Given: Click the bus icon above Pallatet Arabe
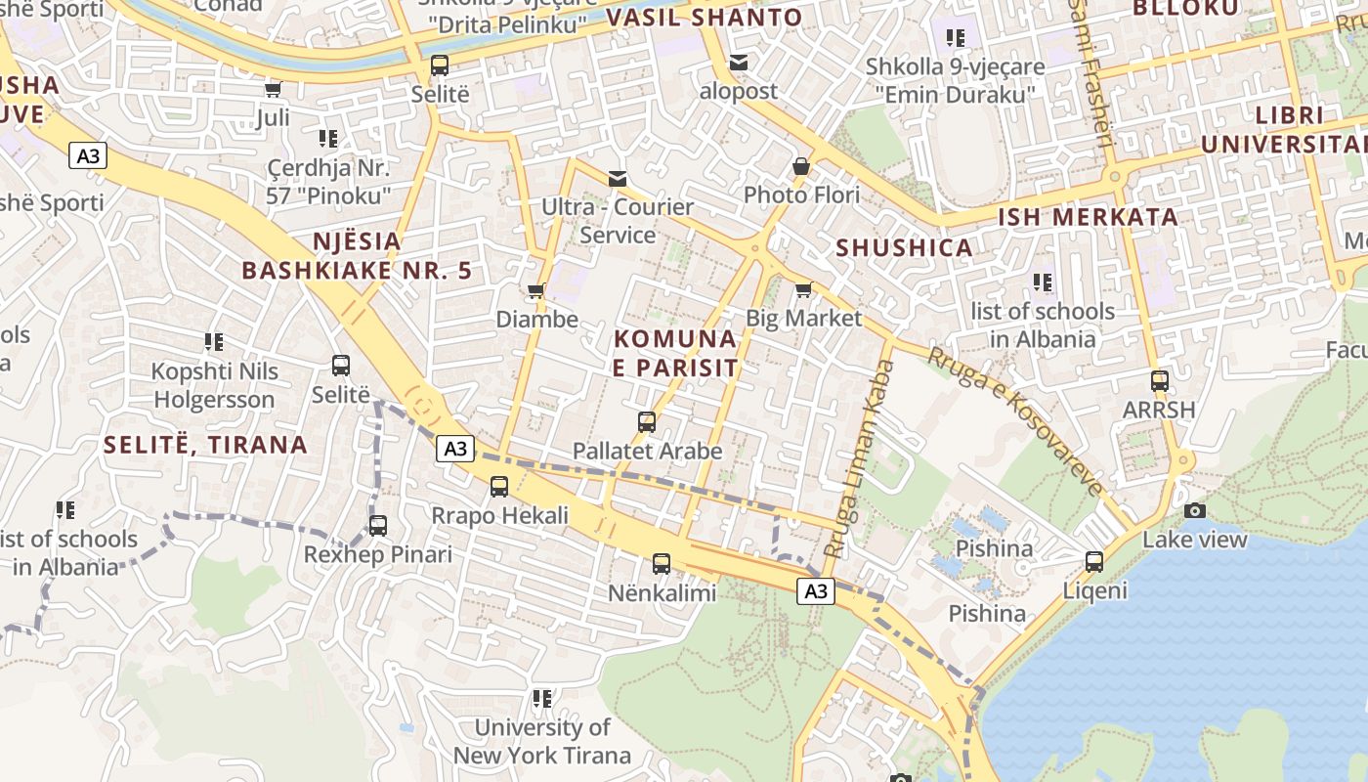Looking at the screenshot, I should pos(647,422).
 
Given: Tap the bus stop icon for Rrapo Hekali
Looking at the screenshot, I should pos(499,486).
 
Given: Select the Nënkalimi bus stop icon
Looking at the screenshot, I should pos(662,563).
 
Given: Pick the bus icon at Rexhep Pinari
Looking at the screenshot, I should pos(378,525).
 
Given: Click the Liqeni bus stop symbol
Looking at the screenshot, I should pos(1094,562).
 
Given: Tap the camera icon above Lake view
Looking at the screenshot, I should pos(1194,510).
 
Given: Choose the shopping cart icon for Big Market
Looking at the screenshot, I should pos(803,289).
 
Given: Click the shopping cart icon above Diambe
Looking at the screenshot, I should pos(535,290).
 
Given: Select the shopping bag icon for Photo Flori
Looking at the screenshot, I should pos(801,166).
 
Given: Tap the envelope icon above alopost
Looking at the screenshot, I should pos(739,63).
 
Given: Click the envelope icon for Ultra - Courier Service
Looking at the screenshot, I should pos(618,178).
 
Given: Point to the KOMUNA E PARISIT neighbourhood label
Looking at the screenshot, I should pos(675,353).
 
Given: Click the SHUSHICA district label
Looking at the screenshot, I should pos(904,247).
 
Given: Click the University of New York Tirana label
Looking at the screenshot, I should pos(541,741).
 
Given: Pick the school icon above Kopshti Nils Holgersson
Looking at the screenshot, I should pos(214,342).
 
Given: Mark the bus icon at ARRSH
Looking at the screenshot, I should pos(1160,381).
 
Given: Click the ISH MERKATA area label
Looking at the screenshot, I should pos(1087,217).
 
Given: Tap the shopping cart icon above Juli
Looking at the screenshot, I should pos(273,90).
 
